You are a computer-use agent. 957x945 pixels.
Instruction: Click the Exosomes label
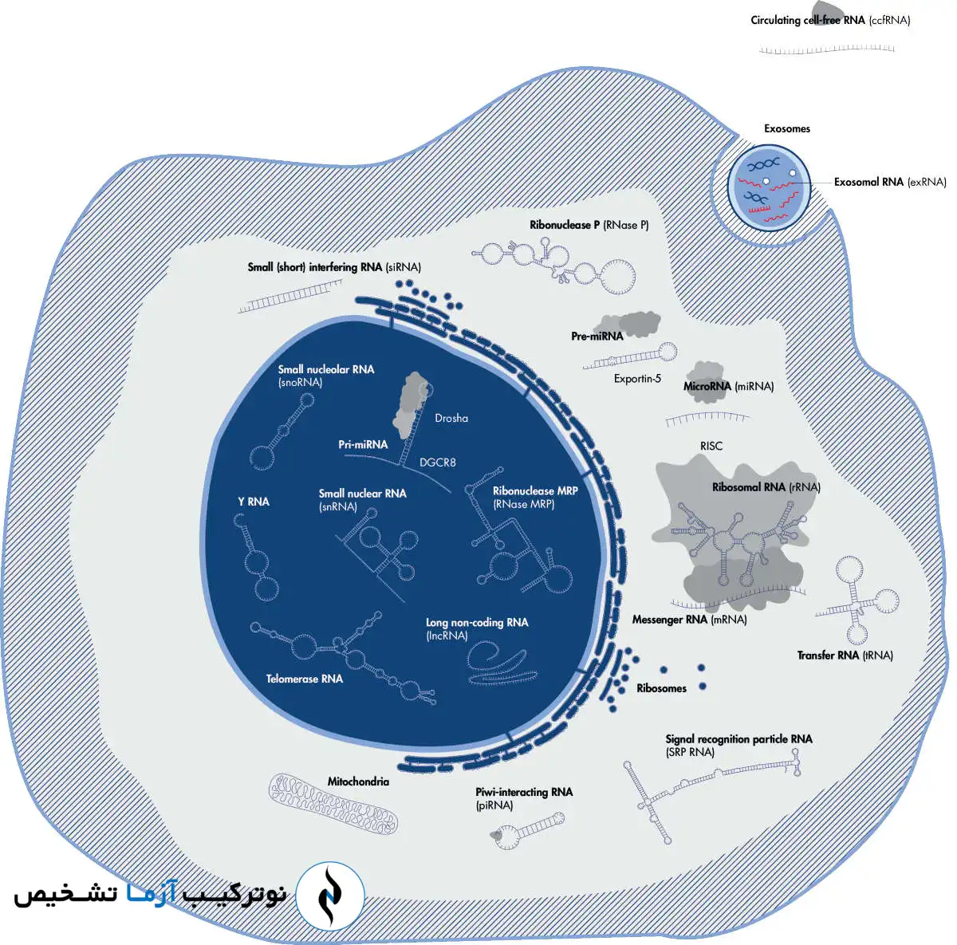click(x=786, y=128)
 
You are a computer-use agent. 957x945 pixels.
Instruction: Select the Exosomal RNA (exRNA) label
click(x=889, y=182)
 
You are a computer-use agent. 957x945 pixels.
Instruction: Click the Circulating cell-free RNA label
click(x=829, y=20)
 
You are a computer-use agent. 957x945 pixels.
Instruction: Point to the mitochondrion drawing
click(x=333, y=803)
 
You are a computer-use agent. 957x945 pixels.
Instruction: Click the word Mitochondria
click(x=358, y=782)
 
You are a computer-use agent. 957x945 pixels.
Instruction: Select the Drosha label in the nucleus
click(x=451, y=418)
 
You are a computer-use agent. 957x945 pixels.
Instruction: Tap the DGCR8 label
click(x=438, y=463)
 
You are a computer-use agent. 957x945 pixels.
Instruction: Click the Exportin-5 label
click(x=637, y=379)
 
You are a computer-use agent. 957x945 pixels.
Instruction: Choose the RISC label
click(x=711, y=446)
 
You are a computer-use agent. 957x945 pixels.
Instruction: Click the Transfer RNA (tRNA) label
click(x=845, y=656)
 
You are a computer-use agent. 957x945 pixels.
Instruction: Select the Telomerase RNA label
click(x=304, y=679)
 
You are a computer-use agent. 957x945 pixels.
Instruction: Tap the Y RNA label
click(x=254, y=502)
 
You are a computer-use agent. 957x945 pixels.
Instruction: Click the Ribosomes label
click(x=661, y=688)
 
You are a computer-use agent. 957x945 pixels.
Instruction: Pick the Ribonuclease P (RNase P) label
click(x=589, y=225)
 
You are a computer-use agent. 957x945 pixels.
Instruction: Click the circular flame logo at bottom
click(x=330, y=896)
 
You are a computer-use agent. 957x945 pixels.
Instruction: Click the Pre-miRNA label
click(x=597, y=337)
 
